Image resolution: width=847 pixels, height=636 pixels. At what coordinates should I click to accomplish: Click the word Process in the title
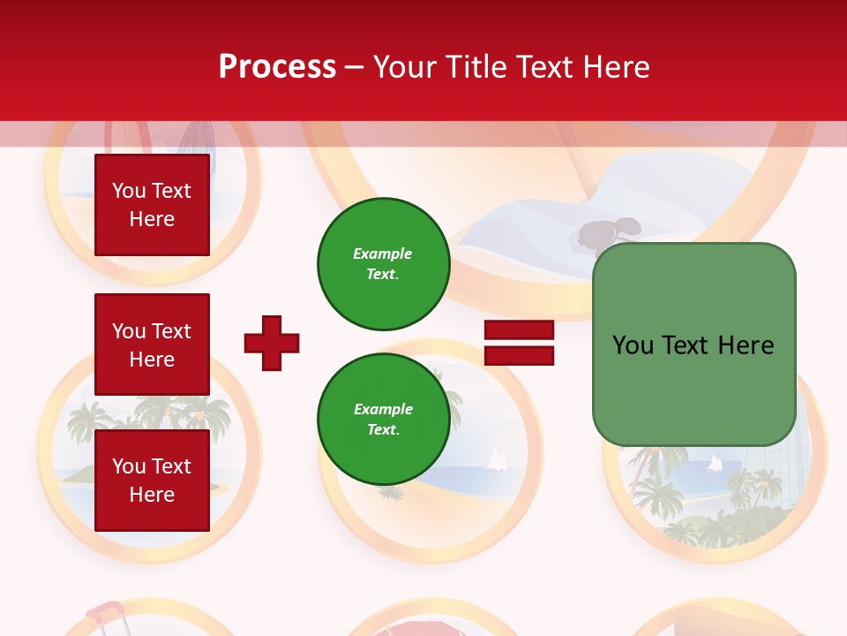[x=277, y=67]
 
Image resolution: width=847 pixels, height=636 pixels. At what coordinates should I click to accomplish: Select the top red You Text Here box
[x=152, y=205]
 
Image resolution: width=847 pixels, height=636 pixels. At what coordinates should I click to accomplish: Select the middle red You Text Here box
[x=152, y=344]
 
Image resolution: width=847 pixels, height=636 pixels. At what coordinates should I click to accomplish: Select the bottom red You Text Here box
[x=152, y=480]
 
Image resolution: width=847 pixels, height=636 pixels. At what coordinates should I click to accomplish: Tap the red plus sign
[x=272, y=343]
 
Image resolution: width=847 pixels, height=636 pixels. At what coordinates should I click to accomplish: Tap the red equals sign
[x=519, y=343]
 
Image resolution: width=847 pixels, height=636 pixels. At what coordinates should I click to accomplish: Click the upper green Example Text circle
[x=383, y=264]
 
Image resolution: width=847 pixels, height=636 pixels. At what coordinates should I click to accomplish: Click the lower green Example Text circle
[x=383, y=420]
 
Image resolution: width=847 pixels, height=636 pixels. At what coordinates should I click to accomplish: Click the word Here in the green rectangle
[x=746, y=345]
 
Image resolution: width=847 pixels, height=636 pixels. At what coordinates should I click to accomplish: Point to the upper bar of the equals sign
[x=519, y=330]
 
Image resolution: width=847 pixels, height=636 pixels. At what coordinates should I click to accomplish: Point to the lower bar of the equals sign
[x=519, y=356]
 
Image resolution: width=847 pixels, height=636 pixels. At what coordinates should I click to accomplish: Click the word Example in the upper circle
[x=382, y=254]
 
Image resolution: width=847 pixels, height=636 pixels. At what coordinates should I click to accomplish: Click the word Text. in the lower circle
[x=383, y=430]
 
